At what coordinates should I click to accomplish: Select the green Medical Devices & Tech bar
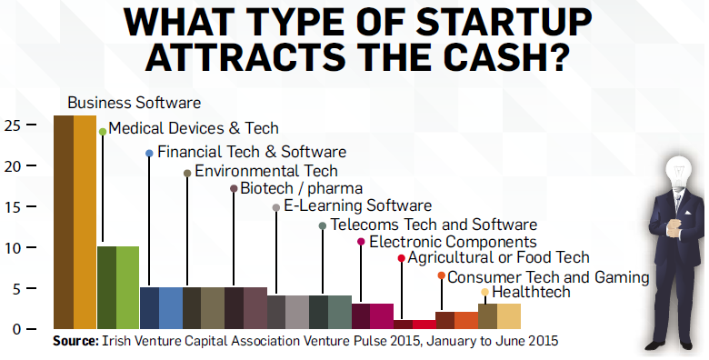point(117,286)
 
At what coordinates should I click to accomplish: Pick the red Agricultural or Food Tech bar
point(414,324)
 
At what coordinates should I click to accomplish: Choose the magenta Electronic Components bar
point(372,315)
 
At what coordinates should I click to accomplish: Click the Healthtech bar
point(499,315)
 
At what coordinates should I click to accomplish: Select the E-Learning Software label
point(357,206)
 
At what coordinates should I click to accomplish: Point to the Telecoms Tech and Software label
point(434,224)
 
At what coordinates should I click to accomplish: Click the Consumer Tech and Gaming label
point(547,276)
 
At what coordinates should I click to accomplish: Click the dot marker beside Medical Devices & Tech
point(103,132)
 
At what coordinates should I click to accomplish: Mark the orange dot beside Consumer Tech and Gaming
point(441,275)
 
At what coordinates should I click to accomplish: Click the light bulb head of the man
point(677,169)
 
